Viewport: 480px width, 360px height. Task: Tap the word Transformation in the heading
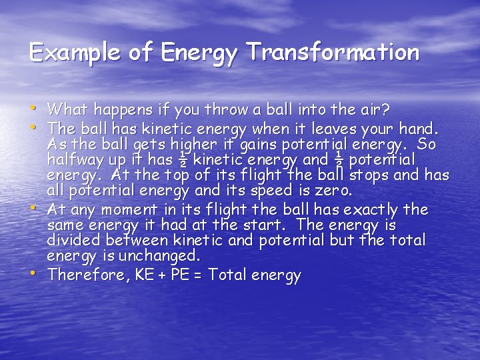tap(333, 53)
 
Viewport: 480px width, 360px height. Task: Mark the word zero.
tap(333, 191)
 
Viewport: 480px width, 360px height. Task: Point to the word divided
tap(75, 240)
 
